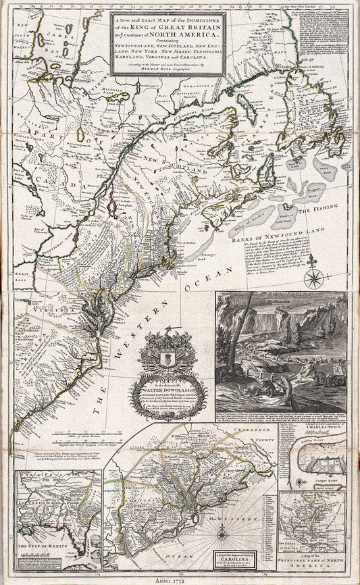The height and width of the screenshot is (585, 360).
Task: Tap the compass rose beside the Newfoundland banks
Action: (x=313, y=278)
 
